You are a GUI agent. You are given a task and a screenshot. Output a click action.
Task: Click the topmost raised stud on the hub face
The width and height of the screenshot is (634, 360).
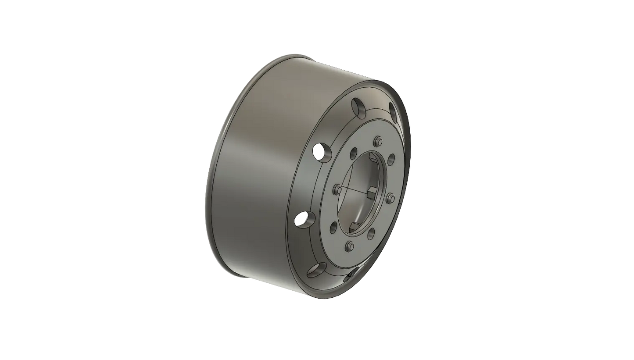377,141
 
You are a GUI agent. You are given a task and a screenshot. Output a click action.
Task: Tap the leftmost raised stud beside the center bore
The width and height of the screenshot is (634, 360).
337,189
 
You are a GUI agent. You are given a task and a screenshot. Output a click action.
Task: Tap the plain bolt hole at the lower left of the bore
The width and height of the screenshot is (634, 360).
333,227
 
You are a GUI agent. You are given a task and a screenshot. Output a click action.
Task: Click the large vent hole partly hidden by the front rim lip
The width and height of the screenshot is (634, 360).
394,111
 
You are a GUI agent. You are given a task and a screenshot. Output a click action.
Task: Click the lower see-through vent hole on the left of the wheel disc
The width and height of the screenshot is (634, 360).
301,219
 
